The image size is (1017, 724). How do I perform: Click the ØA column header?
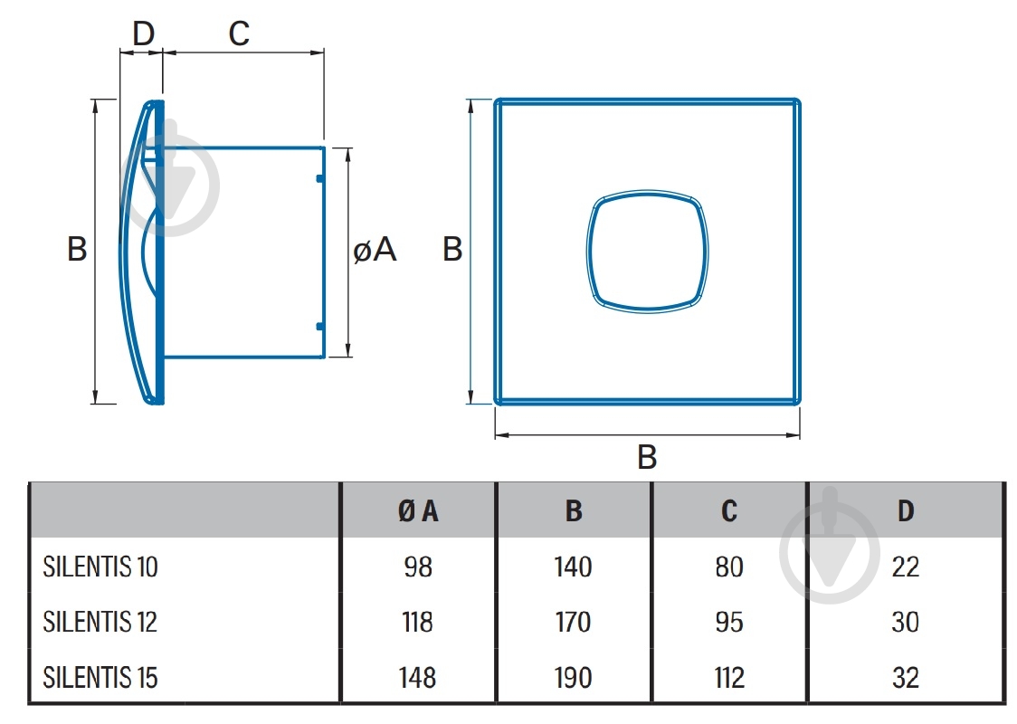coord(418,511)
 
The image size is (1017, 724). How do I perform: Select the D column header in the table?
coord(906,511)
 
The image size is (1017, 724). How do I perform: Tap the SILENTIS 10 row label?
coord(100,567)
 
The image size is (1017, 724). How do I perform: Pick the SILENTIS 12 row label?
coord(100,622)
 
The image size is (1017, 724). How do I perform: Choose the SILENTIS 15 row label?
coord(100,678)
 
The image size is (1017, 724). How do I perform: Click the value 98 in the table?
coord(418,567)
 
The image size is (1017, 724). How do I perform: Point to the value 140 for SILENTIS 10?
coord(574,567)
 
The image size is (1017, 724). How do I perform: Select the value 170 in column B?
coord(574,622)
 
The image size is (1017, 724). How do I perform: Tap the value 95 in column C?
coord(729,622)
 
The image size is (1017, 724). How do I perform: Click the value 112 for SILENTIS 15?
coord(729,678)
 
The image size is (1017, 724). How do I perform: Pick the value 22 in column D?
coord(906,567)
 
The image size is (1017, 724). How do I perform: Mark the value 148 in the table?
coord(418,678)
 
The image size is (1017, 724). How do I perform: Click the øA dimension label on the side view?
coord(375,250)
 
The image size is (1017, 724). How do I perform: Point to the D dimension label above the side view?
coord(143,33)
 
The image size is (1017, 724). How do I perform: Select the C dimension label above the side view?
coord(239,33)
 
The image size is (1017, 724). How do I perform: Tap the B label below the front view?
coord(647,457)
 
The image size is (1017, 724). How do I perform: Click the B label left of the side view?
coord(77,249)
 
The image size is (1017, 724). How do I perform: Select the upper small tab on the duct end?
coord(319,177)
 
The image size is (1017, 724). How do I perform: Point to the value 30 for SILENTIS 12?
coord(906,622)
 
